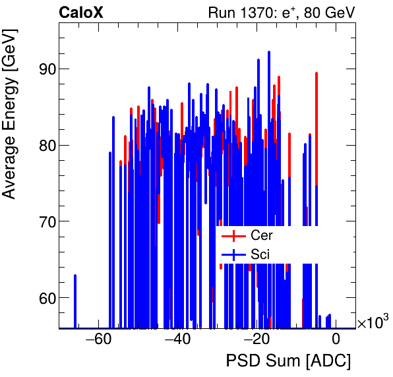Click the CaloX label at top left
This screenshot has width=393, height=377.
[x=85, y=13]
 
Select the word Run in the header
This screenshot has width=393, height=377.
[x=222, y=13]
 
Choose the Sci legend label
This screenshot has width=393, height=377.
[x=260, y=254]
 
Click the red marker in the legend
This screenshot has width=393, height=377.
[x=233, y=235]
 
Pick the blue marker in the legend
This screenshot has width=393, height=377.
[x=233, y=254]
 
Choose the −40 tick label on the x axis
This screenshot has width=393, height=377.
[x=177, y=340]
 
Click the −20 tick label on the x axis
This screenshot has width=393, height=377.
[x=257, y=340]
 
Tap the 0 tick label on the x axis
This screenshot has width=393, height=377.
[x=336, y=340]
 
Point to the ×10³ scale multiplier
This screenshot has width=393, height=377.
[x=372, y=322]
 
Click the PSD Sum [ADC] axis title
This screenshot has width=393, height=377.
[x=288, y=361]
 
